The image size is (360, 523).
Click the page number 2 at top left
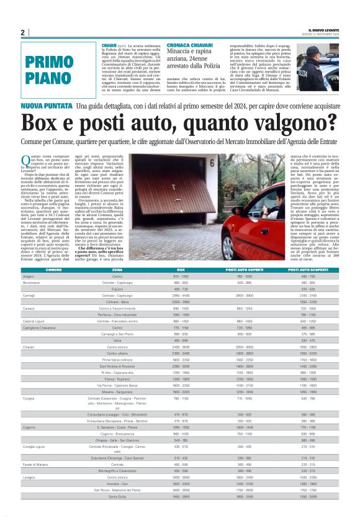22,32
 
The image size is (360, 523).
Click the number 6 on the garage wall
212,165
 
